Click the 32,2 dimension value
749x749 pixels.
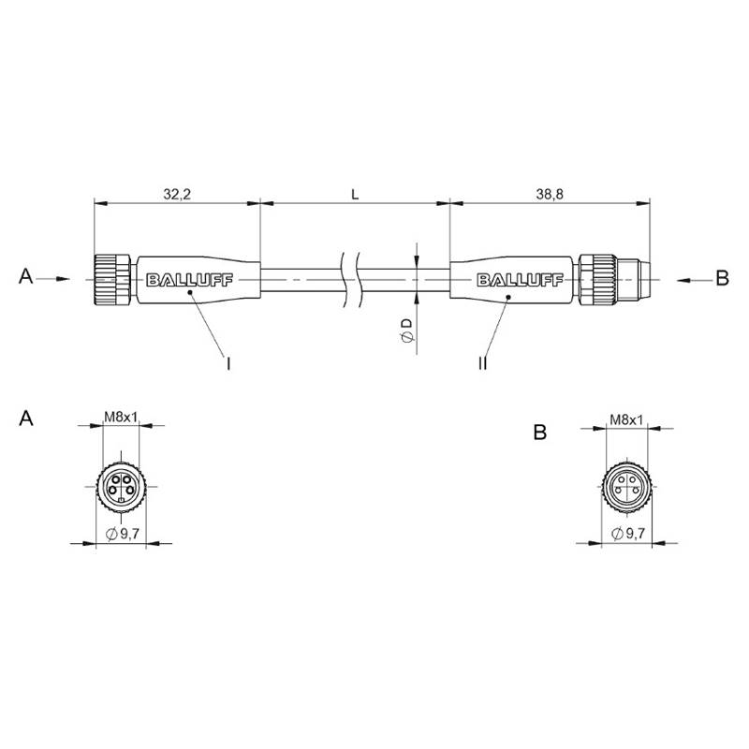(177, 194)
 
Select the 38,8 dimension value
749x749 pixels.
(550, 194)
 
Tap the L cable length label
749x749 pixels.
(355, 195)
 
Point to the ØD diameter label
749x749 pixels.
(406, 330)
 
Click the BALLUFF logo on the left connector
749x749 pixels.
(189, 280)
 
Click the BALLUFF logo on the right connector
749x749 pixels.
(521, 280)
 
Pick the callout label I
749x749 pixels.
(228, 364)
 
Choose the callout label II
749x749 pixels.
(482, 363)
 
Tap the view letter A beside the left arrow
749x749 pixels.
(26, 276)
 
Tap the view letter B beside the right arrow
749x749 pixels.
(722, 277)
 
